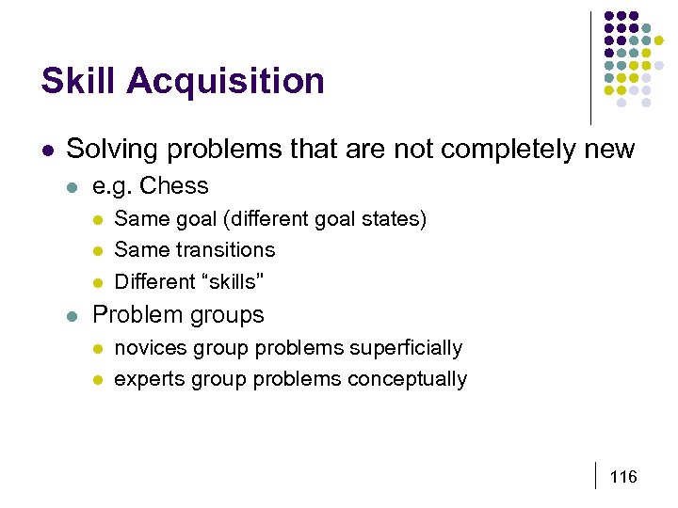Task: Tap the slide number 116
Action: coord(623,477)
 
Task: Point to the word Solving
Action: coord(105,150)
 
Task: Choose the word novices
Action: coord(151,348)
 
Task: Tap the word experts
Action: coord(150,379)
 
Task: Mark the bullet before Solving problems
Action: coord(46,151)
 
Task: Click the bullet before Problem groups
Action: coord(73,315)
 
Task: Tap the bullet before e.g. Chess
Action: coord(73,186)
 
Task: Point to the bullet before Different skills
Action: coord(97,281)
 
